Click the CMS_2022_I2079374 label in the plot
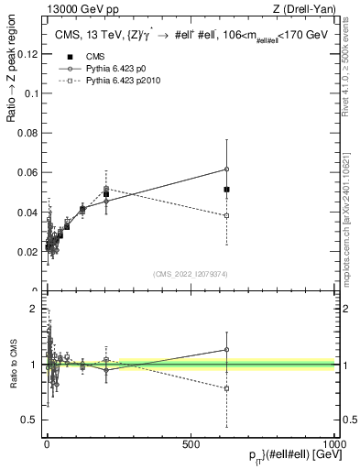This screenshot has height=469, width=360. (191, 274)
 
